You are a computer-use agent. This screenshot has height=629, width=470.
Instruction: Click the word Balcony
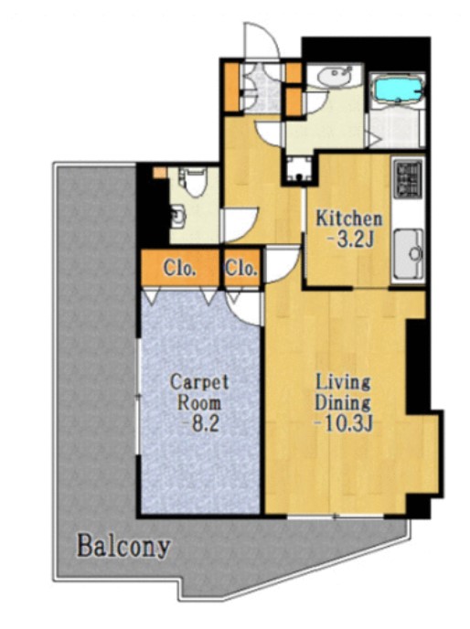pyautogui.click(x=123, y=547)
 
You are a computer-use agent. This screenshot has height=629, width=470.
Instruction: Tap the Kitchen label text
pyautogui.click(x=348, y=219)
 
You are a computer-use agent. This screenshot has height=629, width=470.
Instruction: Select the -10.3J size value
pyautogui.click(x=344, y=423)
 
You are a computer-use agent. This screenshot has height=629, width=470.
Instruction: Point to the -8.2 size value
pyautogui.click(x=200, y=423)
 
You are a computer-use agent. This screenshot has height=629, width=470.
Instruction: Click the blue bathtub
pyautogui.click(x=397, y=91)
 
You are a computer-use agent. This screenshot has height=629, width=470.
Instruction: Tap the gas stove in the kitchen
pyautogui.click(x=409, y=177)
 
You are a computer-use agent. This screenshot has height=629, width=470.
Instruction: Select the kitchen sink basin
pyautogui.click(x=409, y=253)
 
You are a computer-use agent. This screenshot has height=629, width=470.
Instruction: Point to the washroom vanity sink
pyautogui.click(x=334, y=76)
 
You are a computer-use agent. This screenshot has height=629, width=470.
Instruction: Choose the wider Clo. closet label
pyautogui.click(x=180, y=269)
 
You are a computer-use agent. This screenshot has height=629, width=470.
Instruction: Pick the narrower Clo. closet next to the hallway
pyautogui.click(x=241, y=268)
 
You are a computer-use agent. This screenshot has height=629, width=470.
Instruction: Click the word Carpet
pyautogui.click(x=199, y=382)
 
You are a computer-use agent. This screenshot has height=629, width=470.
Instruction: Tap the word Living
pyautogui.click(x=343, y=382)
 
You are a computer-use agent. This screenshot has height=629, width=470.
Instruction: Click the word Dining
pyautogui.click(x=342, y=402)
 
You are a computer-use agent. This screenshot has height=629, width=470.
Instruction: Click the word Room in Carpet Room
pyautogui.click(x=199, y=402)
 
